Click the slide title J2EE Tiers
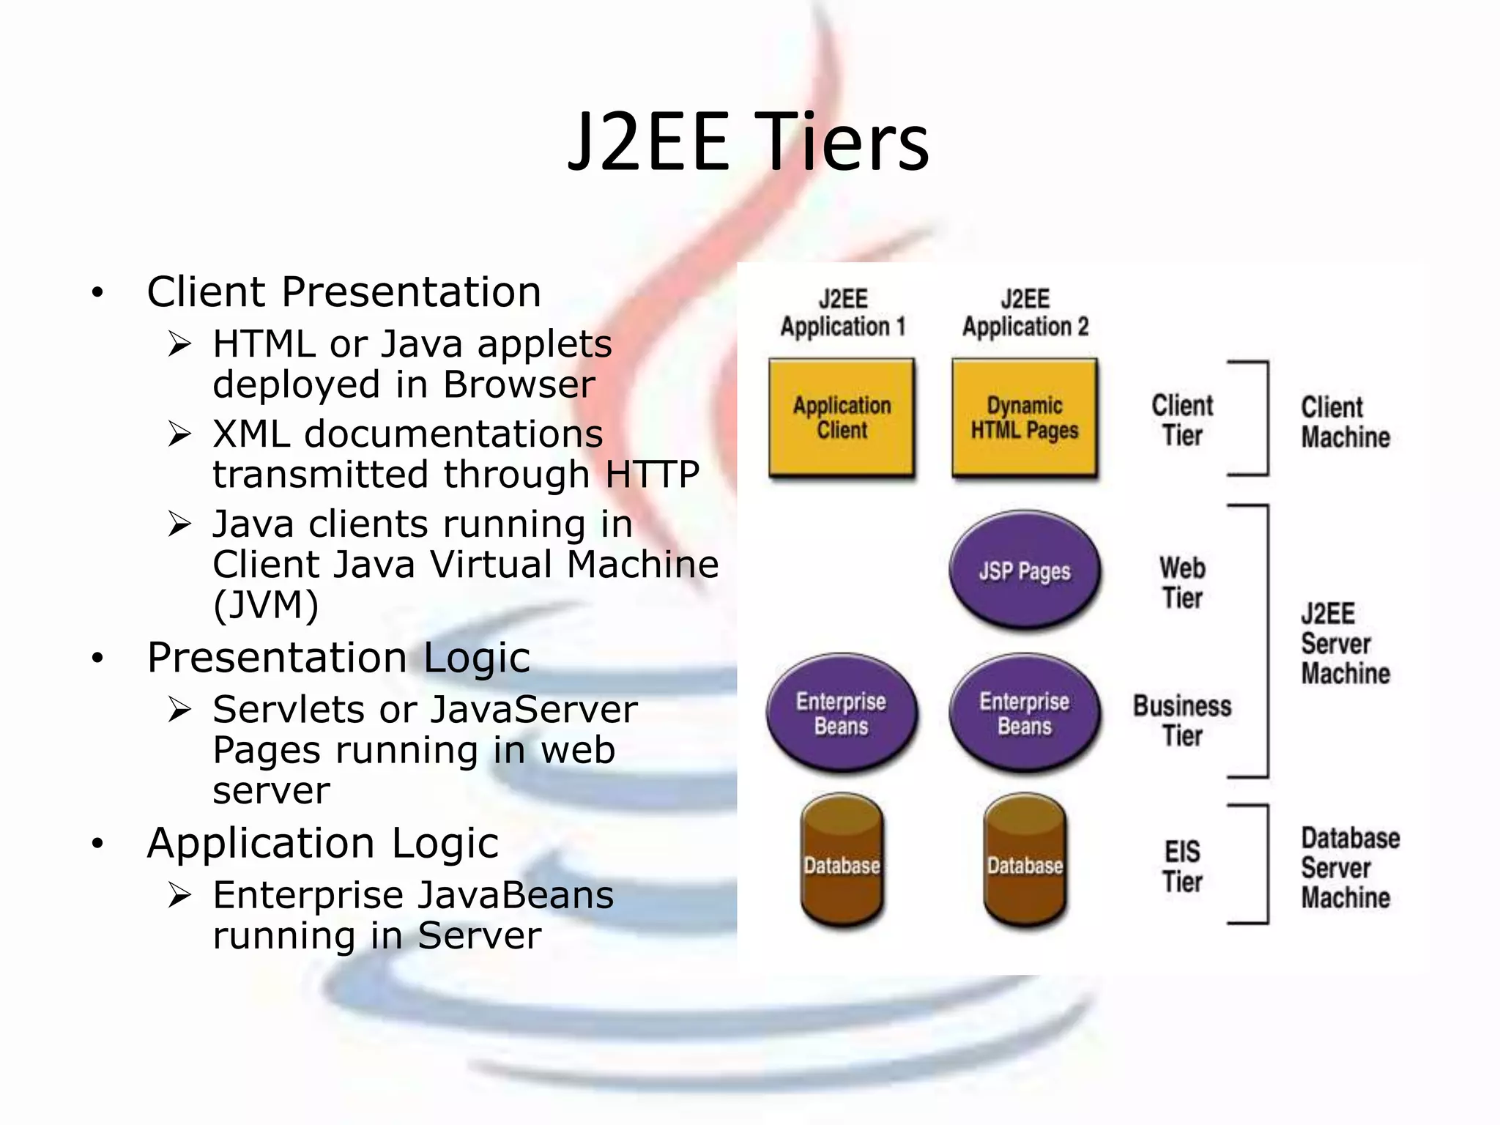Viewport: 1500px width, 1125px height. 749,142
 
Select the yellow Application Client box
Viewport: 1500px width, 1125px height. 842,417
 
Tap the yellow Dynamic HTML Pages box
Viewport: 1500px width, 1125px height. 1025,417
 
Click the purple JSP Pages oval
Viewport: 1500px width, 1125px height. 1025,571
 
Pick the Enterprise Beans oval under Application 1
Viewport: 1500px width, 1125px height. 842,713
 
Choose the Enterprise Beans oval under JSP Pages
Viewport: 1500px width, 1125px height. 1025,713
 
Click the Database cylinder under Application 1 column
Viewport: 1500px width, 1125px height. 842,861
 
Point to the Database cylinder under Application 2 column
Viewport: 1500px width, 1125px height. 1025,861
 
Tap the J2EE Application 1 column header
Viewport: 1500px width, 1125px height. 842,313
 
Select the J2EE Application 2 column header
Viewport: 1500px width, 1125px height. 1025,313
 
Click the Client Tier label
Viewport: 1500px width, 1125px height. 1182,420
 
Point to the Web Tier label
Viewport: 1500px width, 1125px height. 1182,583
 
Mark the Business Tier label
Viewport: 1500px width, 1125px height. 1182,721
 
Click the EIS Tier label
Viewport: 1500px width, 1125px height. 1182,866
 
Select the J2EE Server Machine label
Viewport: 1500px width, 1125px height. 1345,644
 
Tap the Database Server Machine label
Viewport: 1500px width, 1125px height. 1349,868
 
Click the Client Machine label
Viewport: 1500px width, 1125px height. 1345,422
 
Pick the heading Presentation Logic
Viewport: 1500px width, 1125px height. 338,657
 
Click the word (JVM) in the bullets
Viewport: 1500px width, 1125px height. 266,605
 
